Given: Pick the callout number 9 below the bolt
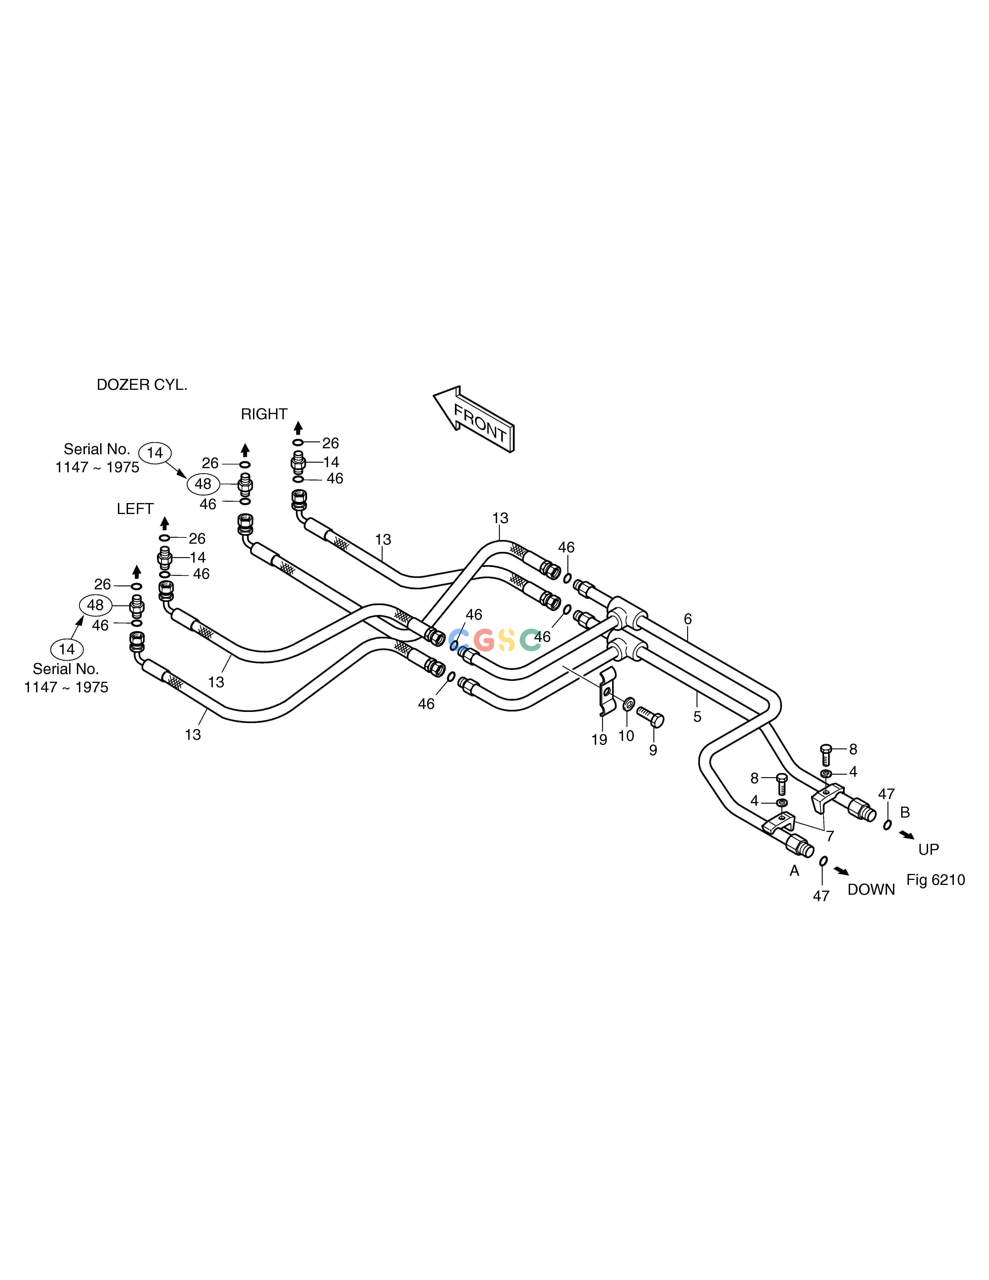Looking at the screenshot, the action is pos(653,750).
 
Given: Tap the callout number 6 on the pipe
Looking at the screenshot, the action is pos(688,619).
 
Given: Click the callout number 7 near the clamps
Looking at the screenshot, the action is pos(830,836).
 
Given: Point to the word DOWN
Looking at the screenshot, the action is pos(871,890).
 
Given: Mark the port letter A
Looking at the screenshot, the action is pos(794,871).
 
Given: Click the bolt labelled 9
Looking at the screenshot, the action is pos(650,716).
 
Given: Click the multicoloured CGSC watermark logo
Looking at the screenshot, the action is pos(495,640).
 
